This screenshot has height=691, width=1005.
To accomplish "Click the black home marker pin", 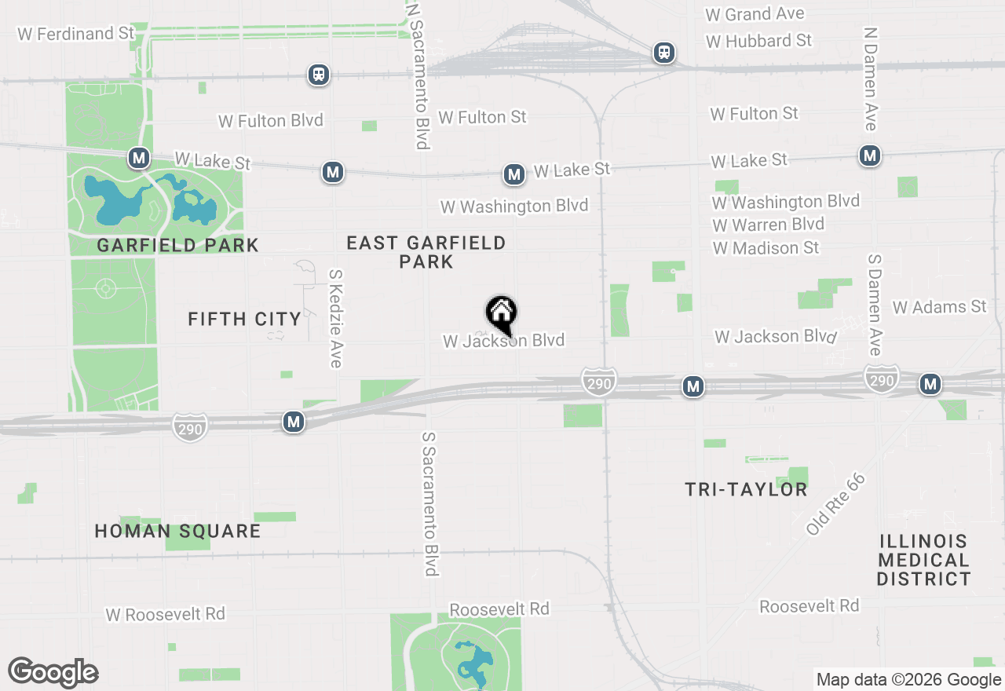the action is click(x=502, y=314).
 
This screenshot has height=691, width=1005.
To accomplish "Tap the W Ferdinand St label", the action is click(x=76, y=34).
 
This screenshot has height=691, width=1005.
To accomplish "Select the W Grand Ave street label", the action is click(x=755, y=14).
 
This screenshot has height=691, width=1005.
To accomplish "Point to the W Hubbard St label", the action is click(x=758, y=41).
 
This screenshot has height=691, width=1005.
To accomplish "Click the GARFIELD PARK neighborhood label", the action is click(x=177, y=246).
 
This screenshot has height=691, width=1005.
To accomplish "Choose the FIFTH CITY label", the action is click(x=245, y=319).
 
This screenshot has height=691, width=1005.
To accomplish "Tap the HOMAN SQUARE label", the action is click(x=177, y=531).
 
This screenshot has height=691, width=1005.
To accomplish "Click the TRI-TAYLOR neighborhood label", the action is click(x=746, y=489).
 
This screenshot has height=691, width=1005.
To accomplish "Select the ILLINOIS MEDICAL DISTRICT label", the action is click(x=924, y=560).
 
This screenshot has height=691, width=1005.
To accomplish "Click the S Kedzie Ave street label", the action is click(x=336, y=319).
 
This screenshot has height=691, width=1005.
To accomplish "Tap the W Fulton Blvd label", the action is click(x=271, y=121).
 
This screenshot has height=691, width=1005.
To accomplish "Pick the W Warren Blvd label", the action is click(x=768, y=225).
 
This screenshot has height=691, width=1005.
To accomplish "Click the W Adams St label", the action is click(x=939, y=307).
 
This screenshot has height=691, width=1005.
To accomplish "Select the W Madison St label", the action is click(x=766, y=248).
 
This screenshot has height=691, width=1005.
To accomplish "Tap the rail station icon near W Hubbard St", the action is click(x=664, y=53).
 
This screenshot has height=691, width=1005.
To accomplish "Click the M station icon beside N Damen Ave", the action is click(x=869, y=155).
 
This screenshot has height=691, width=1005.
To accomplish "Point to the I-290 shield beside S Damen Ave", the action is click(x=882, y=378).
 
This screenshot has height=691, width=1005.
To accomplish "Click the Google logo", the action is click(x=53, y=673).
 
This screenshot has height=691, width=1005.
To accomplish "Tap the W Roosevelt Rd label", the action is click(x=166, y=614).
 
